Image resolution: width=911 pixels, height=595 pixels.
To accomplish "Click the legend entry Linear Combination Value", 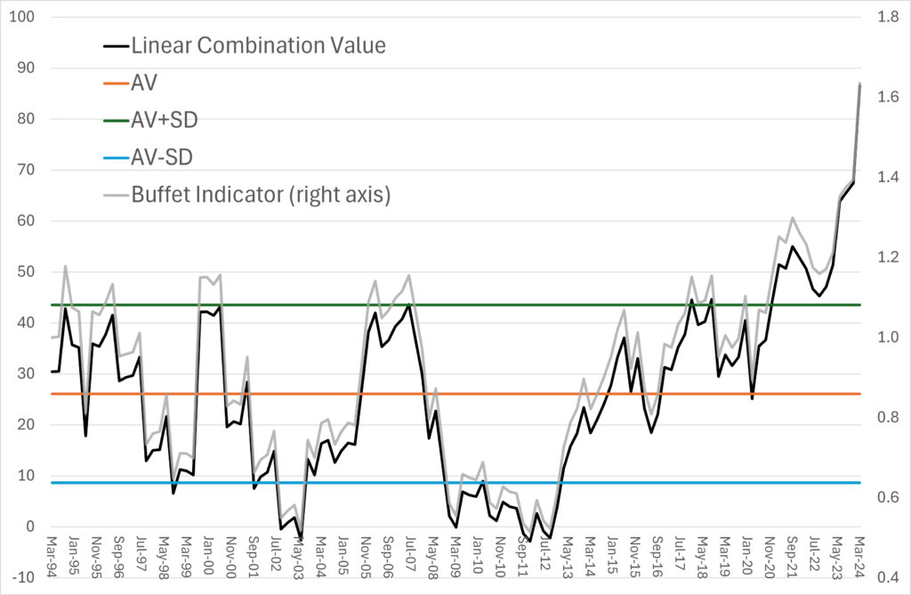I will tap(258, 45).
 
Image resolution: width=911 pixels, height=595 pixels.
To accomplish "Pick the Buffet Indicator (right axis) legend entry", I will tap(261, 195).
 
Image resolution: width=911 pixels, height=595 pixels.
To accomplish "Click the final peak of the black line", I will tap(859, 84).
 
